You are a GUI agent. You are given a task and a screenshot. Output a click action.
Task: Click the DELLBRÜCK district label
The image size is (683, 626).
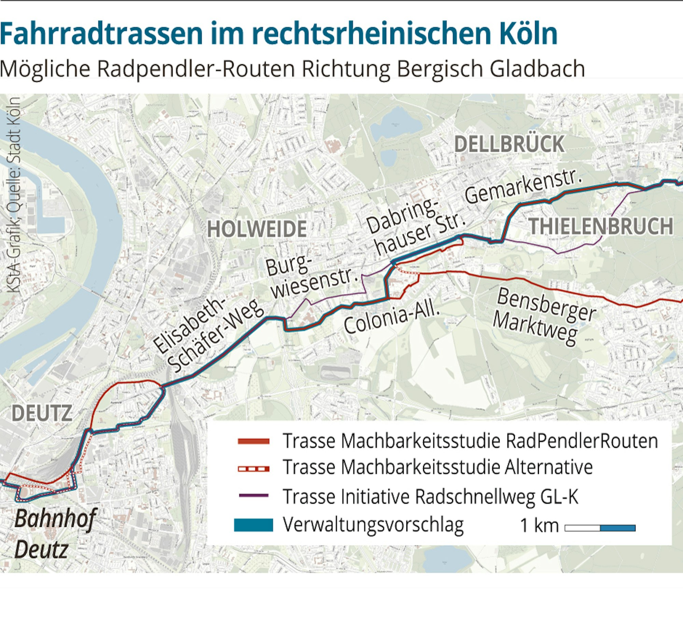[x=508, y=144]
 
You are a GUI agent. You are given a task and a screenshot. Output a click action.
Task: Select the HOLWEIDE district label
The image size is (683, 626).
[x=256, y=229]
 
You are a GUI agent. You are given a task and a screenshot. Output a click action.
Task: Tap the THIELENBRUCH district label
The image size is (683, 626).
[x=601, y=226]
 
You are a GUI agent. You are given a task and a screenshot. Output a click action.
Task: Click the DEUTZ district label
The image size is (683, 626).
[x=42, y=413]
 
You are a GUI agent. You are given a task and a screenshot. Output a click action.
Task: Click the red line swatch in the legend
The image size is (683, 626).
[x=253, y=442]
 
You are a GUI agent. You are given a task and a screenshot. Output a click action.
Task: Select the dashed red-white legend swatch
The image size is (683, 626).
[x=253, y=469]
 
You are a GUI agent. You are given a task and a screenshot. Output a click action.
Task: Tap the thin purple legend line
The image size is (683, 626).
[x=253, y=495]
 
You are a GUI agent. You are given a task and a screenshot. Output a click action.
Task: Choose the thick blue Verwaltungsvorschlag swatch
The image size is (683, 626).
[x=253, y=525]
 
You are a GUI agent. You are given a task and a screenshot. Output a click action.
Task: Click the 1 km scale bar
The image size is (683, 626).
[x=600, y=528]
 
